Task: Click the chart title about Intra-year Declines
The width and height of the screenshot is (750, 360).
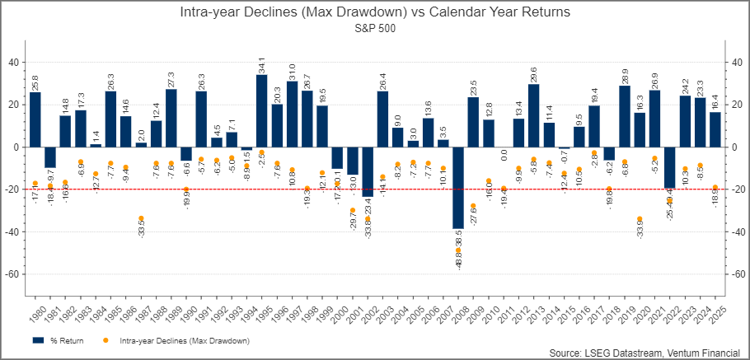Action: tap(375, 13)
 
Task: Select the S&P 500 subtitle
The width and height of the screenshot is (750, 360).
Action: tap(375, 28)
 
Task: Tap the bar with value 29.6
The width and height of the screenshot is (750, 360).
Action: tap(533, 115)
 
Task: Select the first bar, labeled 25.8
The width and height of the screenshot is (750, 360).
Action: tap(35, 119)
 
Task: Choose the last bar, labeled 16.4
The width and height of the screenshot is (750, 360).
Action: tap(715, 129)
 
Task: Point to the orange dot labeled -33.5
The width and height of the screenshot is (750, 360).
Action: tap(141, 218)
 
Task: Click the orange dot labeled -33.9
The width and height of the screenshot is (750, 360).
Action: tap(640, 219)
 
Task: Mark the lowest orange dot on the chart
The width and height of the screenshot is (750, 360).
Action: tap(458, 250)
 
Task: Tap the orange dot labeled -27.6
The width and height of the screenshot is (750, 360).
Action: tap(473, 206)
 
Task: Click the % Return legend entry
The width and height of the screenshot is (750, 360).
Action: tap(59, 339)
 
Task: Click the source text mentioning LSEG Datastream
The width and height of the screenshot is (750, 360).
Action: tap(646, 353)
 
